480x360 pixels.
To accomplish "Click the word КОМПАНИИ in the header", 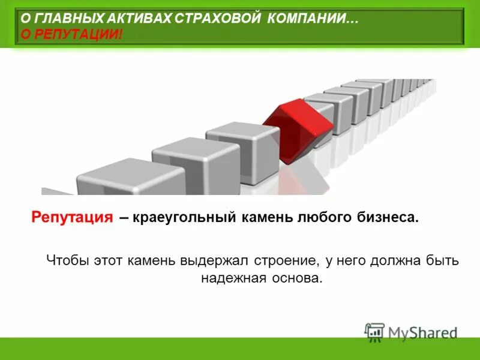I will coord(313,19).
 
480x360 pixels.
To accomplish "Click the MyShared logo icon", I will coord(374,332).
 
